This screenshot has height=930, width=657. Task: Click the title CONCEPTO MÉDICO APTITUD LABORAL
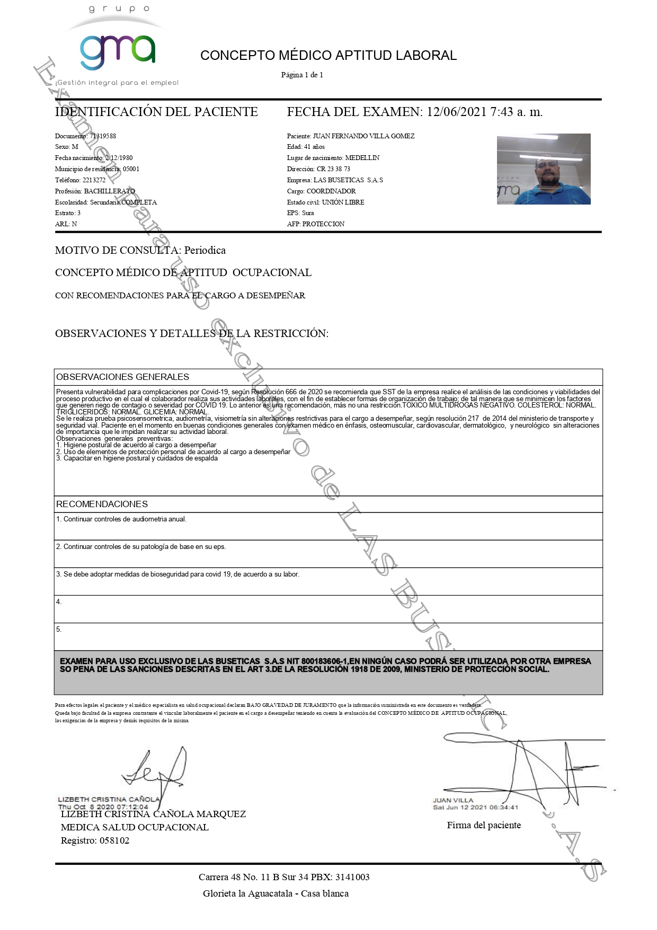[328, 56]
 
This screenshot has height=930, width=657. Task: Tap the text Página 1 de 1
[302, 75]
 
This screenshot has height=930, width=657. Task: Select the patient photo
[543, 169]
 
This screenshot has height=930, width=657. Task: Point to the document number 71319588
[103, 136]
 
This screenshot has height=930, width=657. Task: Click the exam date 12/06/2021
[456, 112]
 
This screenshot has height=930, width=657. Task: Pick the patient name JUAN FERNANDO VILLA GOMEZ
[363, 136]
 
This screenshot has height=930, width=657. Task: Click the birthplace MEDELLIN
[362, 158]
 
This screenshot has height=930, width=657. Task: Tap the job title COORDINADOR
[331, 191]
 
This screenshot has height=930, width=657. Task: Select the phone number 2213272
[94, 180]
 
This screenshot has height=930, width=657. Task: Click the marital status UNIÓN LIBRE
[343, 202]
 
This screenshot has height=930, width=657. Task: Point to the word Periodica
[205, 250]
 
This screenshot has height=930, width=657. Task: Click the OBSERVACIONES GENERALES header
[122, 377]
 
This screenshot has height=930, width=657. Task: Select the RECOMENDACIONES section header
[102, 504]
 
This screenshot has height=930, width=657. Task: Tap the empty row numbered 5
[328, 636]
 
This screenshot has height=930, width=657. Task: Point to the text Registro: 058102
[95, 840]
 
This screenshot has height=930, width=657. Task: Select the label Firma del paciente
[484, 825]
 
